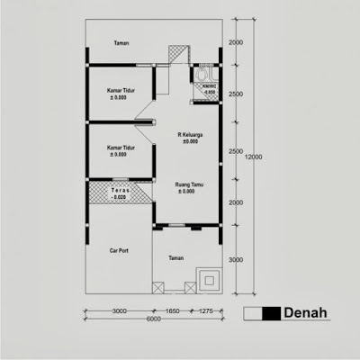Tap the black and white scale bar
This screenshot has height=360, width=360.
262,313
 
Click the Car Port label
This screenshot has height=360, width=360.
119,251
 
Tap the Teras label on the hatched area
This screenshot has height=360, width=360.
120,190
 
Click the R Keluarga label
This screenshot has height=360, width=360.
190,134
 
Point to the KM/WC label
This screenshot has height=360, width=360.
208,87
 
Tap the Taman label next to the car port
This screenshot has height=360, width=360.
177,257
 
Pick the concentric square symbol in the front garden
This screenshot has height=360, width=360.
210,281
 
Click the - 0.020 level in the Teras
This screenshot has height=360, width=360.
120,197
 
